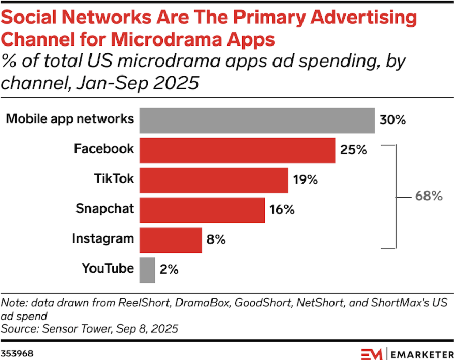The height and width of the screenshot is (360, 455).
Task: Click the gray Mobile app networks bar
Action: [x=257, y=120]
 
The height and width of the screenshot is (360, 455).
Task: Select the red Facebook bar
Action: [x=237, y=150]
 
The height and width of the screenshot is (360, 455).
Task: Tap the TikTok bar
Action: [x=214, y=180]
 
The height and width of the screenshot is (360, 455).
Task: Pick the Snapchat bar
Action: [x=202, y=209]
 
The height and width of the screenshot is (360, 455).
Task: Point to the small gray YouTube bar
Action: [x=147, y=269]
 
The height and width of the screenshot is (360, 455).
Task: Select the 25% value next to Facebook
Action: [x=353, y=150]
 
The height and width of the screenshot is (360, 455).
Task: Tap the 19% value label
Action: [x=305, y=180]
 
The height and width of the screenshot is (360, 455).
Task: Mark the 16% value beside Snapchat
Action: [x=282, y=209]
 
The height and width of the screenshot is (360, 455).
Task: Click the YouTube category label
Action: [x=108, y=269]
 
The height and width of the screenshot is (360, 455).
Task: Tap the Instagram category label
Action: [x=103, y=239]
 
